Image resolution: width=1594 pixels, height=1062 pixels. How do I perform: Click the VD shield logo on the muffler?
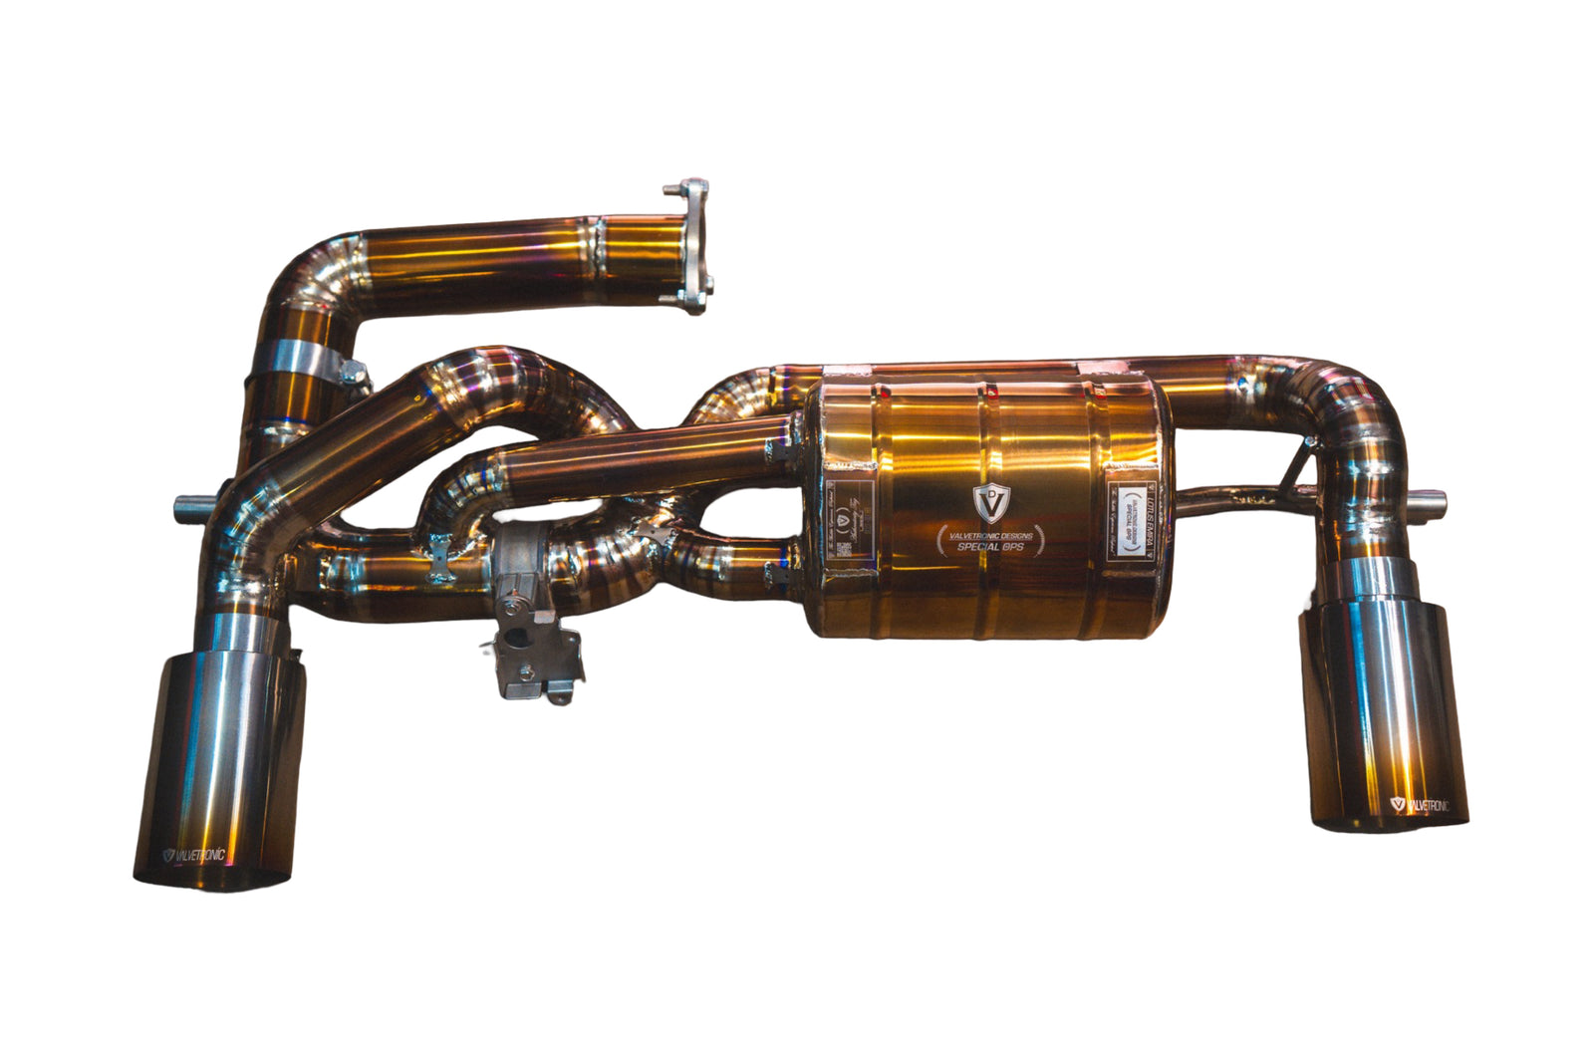pos(989,502)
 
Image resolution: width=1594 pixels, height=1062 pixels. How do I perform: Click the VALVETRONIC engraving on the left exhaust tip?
pos(195,855)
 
